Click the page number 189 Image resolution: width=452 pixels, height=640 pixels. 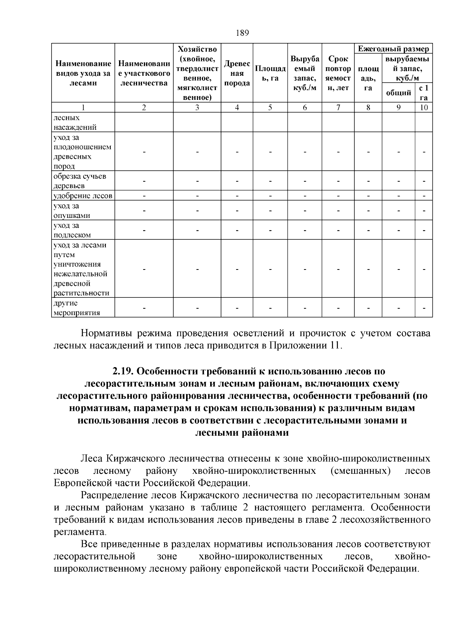pyautogui.click(x=243, y=33)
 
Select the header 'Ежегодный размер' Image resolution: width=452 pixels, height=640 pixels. pyautogui.click(x=393, y=49)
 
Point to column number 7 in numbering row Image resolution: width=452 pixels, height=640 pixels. pyautogui.click(x=338, y=108)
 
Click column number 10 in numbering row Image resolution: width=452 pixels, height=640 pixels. pyautogui.click(x=424, y=108)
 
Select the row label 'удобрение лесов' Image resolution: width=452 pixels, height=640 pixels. pyautogui.click(x=83, y=196)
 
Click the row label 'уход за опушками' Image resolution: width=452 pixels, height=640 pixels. pyautogui.click(x=72, y=211)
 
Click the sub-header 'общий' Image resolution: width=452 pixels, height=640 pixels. pyautogui.click(x=399, y=92)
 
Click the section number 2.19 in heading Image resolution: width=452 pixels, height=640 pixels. pyautogui.click(x=123, y=372)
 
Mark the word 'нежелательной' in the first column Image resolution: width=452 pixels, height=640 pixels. pyautogui.click(x=81, y=274)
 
